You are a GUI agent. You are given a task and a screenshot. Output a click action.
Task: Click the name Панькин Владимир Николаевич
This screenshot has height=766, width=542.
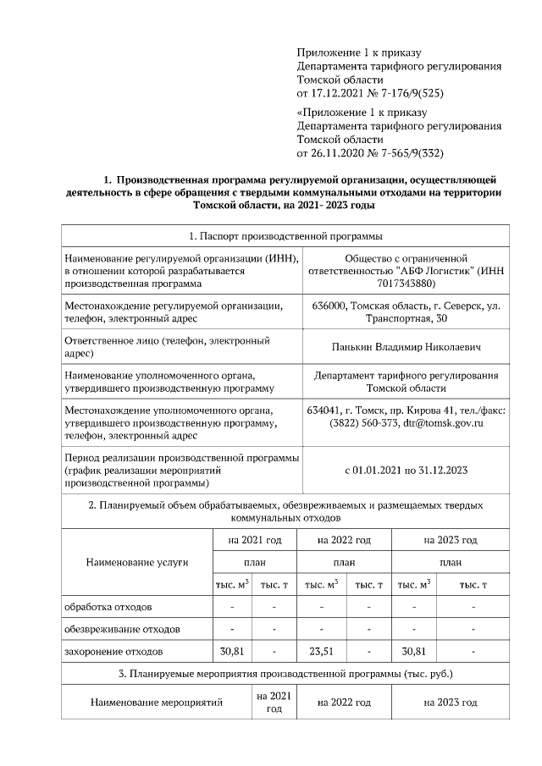(x=406, y=347)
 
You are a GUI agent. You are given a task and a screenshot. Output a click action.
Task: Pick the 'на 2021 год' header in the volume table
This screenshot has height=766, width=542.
(x=248, y=539)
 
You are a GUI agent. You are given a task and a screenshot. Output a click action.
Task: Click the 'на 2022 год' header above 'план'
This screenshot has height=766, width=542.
(x=344, y=539)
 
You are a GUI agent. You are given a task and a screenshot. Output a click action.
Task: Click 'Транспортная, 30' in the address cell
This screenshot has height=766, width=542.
(x=406, y=318)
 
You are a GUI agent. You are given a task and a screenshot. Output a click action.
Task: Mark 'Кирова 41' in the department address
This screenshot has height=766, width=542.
(x=421, y=411)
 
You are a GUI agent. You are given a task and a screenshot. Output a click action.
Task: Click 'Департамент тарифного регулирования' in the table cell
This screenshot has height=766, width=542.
(x=406, y=375)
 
